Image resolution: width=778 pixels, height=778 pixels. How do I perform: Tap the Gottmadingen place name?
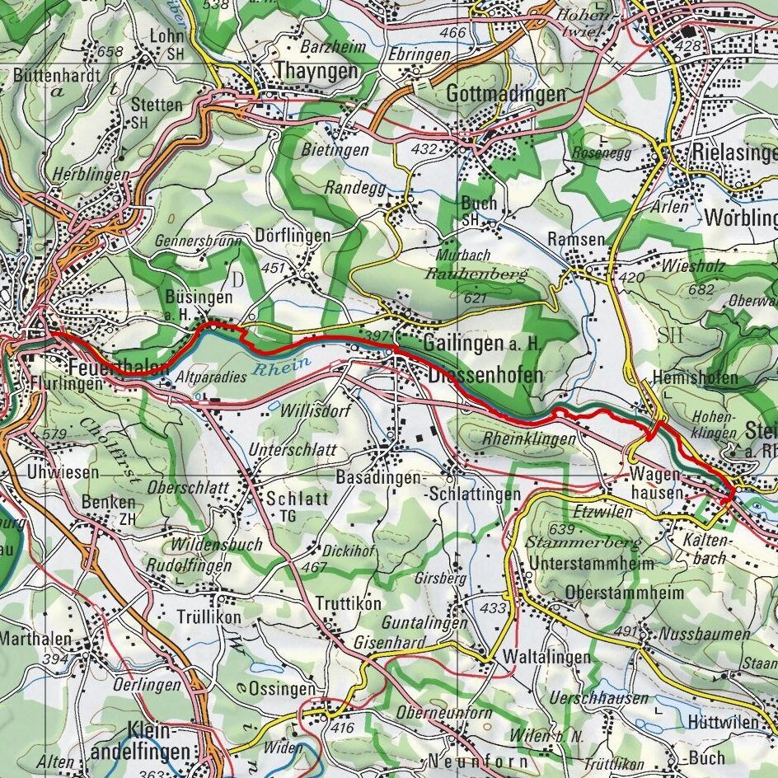pos(505,94)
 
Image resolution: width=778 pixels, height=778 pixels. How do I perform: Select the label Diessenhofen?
pos(485,375)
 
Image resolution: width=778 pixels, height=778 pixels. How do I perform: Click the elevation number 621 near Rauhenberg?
pos(476,298)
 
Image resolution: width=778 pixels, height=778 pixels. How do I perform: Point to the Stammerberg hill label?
pos(583,543)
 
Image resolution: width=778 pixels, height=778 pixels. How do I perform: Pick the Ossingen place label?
pos(282,688)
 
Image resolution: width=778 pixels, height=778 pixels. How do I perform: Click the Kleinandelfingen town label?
pos(162,741)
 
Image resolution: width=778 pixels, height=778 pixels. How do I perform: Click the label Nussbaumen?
pos(705,634)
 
